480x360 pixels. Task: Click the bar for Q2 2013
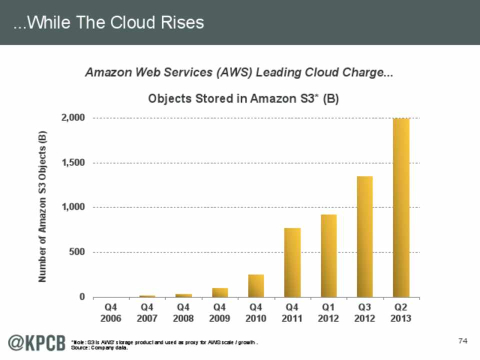(x=401, y=207)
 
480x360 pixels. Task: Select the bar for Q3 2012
(x=364, y=236)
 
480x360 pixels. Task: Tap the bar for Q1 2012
(x=328, y=255)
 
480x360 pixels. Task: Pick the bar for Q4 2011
(x=292, y=262)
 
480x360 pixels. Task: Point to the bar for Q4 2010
(x=256, y=285)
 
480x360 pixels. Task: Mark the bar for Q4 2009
(x=220, y=292)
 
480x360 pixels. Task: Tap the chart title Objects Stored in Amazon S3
(x=243, y=99)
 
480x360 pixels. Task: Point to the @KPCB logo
(x=36, y=343)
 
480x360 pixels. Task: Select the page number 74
(x=462, y=341)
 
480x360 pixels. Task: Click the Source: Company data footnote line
(x=100, y=348)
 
